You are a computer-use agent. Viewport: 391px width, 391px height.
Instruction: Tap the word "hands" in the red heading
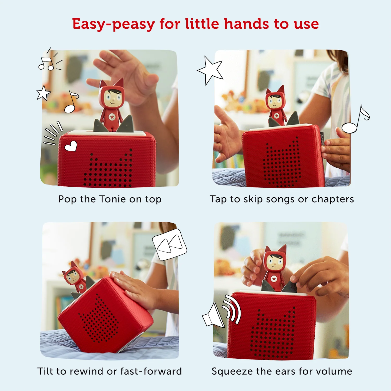click(x=246, y=24)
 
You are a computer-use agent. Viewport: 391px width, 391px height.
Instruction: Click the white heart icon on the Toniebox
click(x=71, y=146)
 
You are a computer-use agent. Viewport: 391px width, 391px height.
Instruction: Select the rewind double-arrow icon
click(x=170, y=245)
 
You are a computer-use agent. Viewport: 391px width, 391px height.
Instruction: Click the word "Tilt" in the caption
click(x=45, y=371)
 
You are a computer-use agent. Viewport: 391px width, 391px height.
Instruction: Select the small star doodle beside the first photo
click(x=43, y=93)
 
